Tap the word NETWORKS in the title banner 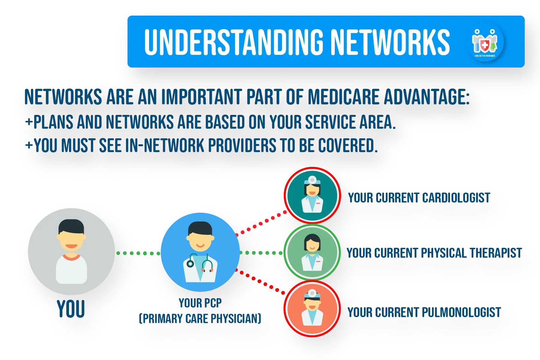coord(390,42)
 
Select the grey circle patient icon coord(71,251)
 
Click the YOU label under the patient coord(71,309)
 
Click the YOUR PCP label coord(200,303)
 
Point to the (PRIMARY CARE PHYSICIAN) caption coord(200,319)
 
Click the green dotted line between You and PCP coord(138,253)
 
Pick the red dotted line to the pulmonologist coord(260,282)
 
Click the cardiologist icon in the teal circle coord(312,195)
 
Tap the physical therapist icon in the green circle coord(312,252)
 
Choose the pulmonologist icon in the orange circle coord(312,309)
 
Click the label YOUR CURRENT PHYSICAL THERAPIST coord(434,253)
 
